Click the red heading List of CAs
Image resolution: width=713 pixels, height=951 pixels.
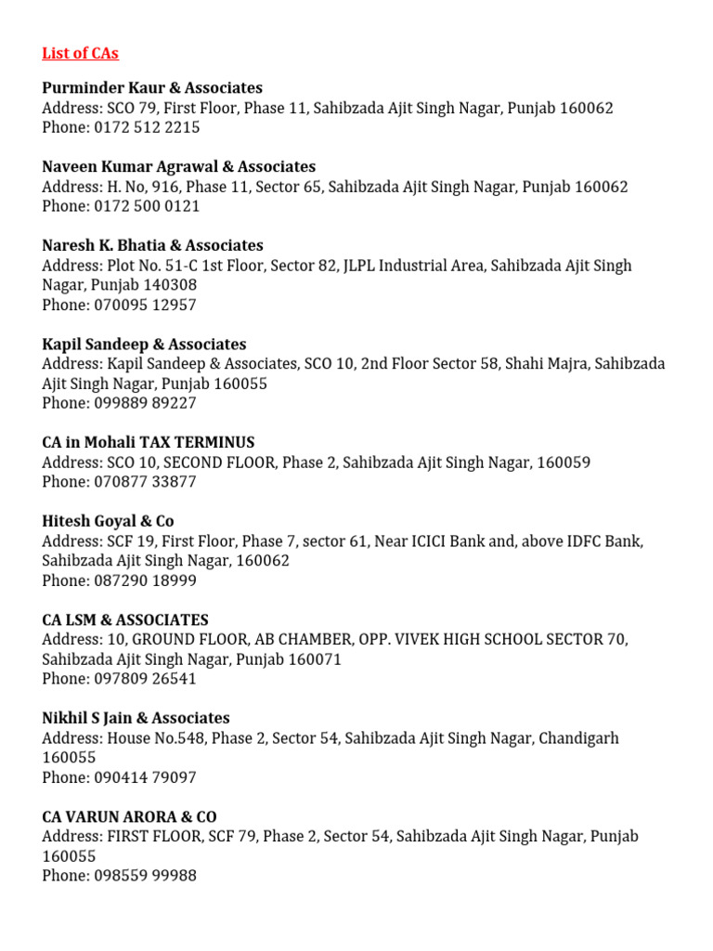(x=80, y=53)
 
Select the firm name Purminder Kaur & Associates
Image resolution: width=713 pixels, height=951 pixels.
(x=152, y=88)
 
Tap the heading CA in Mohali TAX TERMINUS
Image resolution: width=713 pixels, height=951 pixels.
(x=149, y=443)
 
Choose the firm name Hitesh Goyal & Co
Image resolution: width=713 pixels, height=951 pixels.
(x=108, y=522)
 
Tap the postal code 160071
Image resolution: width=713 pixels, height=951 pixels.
(x=314, y=659)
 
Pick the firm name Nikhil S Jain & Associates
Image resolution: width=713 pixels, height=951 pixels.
(x=136, y=719)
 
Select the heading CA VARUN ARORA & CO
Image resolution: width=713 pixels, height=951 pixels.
(x=129, y=817)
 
